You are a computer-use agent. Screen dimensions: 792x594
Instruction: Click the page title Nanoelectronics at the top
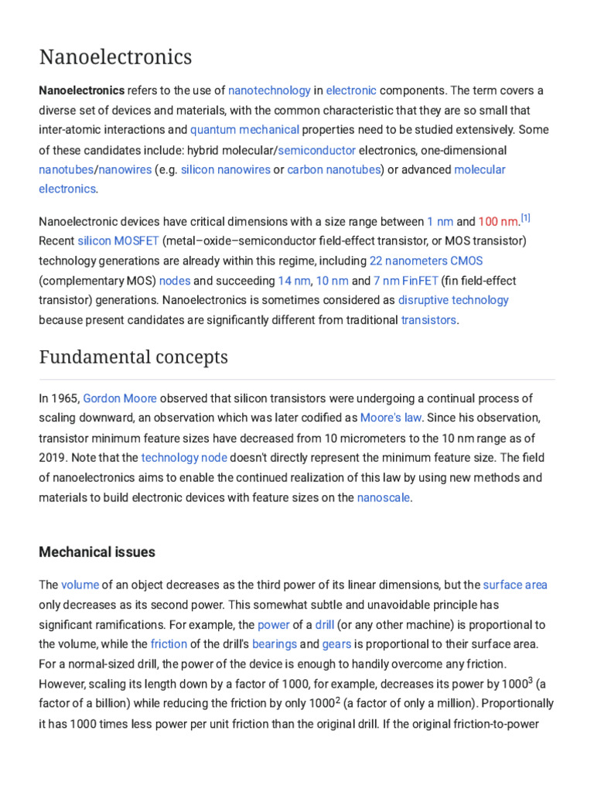point(115,57)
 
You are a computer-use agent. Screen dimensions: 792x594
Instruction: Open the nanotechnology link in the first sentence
point(269,90)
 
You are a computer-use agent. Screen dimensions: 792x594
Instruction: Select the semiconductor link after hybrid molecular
point(316,150)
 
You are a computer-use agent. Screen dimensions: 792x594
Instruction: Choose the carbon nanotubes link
point(334,169)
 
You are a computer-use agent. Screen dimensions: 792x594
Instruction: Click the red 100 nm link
point(498,222)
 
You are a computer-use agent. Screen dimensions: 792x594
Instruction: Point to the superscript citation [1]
point(524,218)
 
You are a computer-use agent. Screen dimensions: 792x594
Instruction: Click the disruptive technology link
point(453,300)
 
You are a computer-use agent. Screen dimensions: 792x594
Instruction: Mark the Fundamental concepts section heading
point(133,357)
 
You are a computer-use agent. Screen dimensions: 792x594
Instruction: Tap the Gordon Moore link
point(120,398)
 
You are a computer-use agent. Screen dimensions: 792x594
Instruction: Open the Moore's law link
point(391,418)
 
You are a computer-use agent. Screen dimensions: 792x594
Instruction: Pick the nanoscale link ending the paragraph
point(383,497)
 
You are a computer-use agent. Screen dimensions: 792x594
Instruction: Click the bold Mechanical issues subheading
point(97,552)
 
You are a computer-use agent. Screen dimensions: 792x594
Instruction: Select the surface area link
point(515,585)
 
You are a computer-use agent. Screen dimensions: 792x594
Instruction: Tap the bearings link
point(274,643)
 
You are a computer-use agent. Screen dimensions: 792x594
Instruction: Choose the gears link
point(336,643)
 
